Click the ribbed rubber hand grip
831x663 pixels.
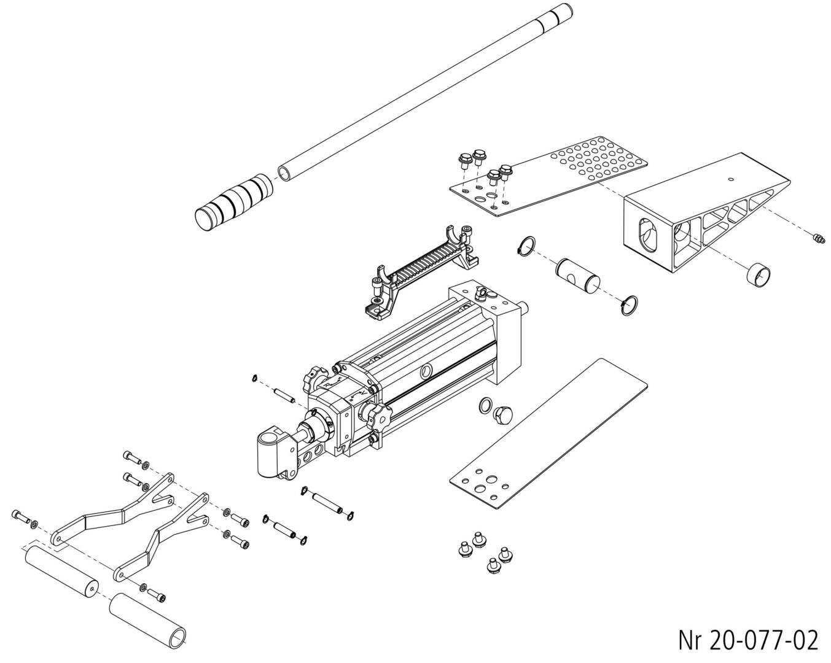pyautogui.click(x=235, y=203)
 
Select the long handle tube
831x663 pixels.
pyautogui.click(x=425, y=92)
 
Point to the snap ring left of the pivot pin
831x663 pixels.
pyautogui.click(x=526, y=245)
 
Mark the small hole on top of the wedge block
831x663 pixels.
pyautogui.click(x=730, y=179)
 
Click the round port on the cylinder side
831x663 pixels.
pyautogui.click(x=426, y=372)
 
